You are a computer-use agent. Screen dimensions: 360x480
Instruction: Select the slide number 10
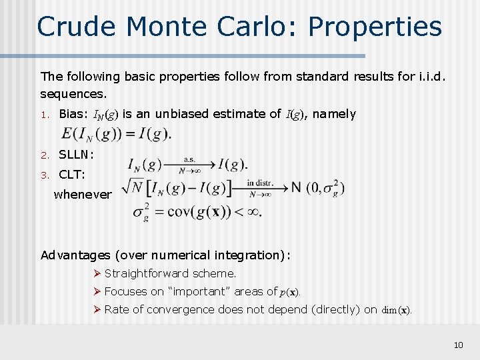(x=458, y=345)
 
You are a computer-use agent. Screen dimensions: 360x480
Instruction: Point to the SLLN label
(x=76, y=155)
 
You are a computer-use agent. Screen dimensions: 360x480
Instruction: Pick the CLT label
(x=71, y=175)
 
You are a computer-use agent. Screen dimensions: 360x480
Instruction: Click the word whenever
(x=83, y=195)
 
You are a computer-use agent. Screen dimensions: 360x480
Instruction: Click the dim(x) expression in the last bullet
(x=397, y=310)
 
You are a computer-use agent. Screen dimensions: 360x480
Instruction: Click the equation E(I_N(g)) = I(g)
(x=117, y=134)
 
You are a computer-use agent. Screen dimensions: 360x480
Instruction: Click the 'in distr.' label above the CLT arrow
(x=261, y=182)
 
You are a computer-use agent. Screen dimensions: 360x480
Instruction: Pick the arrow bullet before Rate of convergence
(x=97, y=309)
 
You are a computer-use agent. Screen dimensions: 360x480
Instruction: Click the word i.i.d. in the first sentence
(x=434, y=77)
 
